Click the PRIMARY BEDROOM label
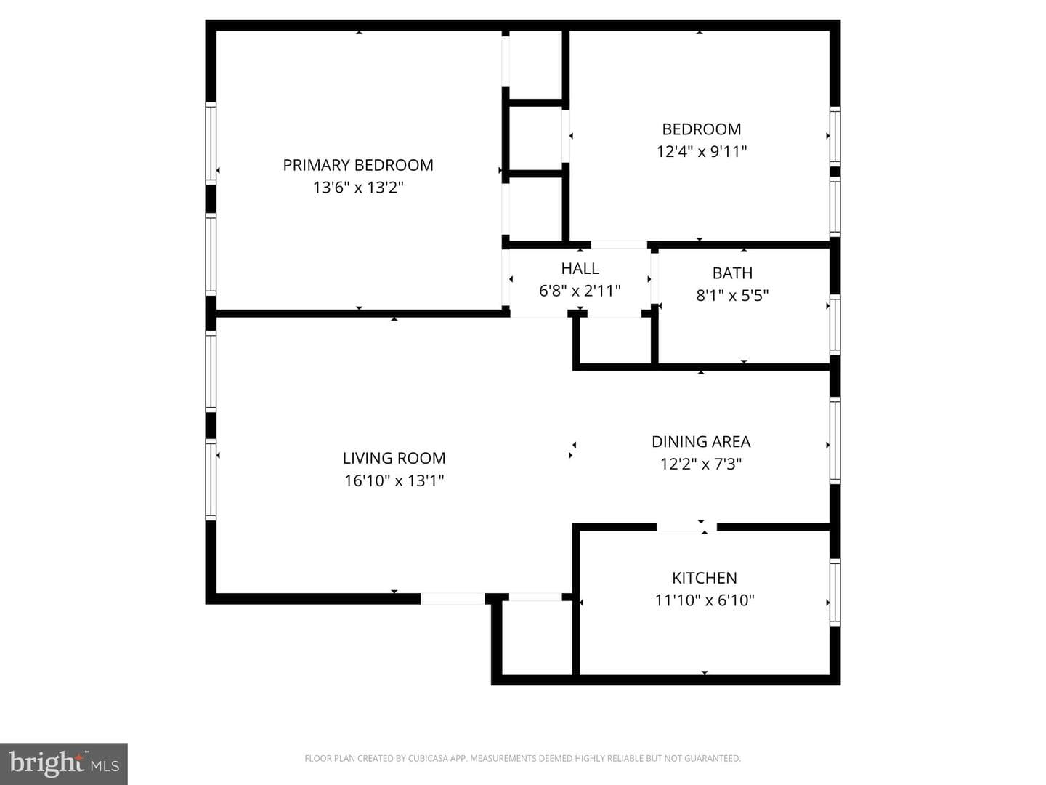click(358, 166)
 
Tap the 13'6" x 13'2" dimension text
click(358, 188)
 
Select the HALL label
click(580, 268)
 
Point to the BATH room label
click(732, 273)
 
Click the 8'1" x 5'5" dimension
click(732, 296)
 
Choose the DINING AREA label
click(701, 442)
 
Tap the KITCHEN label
click(705, 578)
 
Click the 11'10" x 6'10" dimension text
click(705, 600)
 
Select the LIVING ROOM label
click(394, 458)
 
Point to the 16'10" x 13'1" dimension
click(394, 480)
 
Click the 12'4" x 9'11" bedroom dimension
click(702, 152)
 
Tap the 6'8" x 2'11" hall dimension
click(580, 291)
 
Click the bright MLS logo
click(64, 763)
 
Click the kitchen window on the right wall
click(835, 592)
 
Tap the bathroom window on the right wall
click(835, 325)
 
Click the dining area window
click(835, 440)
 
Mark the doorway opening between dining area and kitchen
click(686, 527)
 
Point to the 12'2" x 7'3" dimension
click(701, 464)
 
